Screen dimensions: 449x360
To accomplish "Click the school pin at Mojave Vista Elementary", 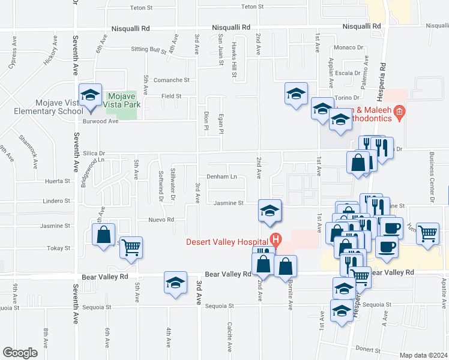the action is [x=90, y=96].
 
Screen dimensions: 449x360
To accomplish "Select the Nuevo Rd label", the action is [x=161, y=220].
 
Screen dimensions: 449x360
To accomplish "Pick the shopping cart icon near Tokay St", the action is [x=131, y=247].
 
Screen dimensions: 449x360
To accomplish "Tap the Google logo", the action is [x=19, y=353].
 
